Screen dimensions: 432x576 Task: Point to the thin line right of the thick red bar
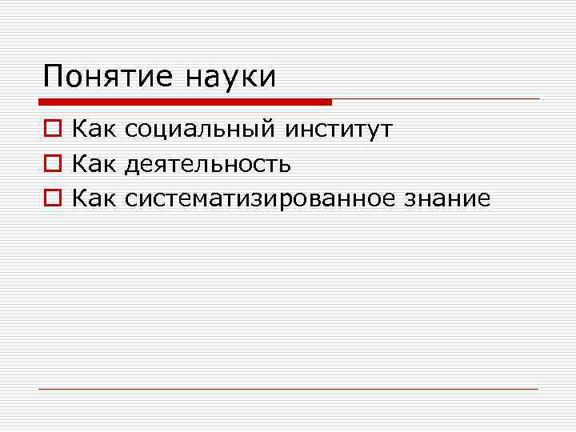pos(436,99)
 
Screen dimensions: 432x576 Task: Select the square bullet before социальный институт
pos(50,128)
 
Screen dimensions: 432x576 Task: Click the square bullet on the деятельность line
pos(50,164)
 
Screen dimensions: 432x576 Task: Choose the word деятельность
pos(208,164)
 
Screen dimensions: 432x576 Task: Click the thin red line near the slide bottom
pos(288,390)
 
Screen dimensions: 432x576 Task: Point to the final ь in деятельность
pos(285,165)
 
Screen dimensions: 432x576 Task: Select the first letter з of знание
pos(410,200)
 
